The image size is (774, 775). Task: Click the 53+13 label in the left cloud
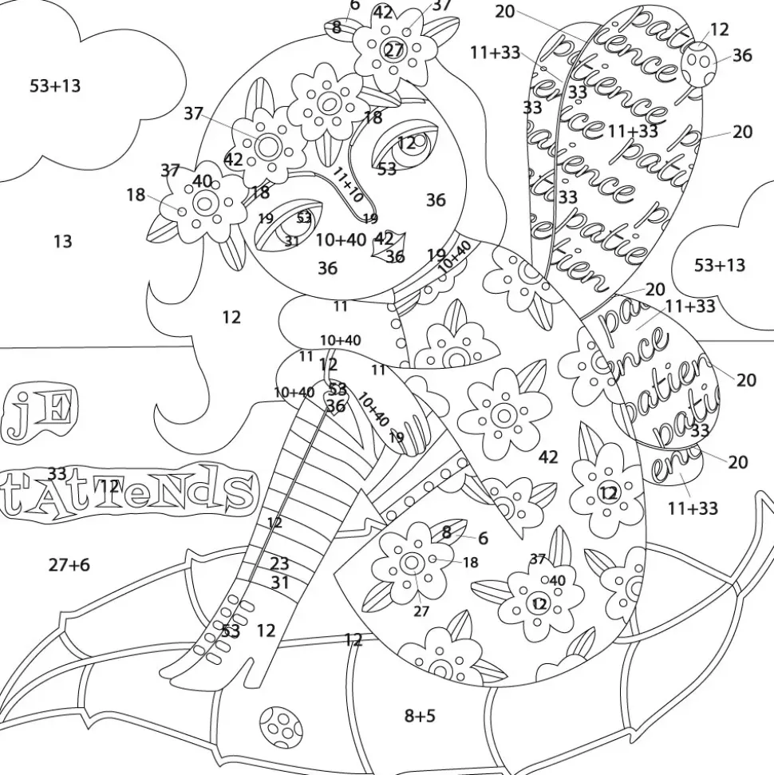tap(55, 85)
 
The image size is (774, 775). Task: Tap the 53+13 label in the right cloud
tap(719, 265)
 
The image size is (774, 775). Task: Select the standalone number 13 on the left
tap(62, 241)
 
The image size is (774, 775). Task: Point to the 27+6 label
tap(69, 565)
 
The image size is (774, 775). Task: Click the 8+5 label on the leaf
tap(420, 716)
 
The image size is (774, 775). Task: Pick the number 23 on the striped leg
tap(279, 564)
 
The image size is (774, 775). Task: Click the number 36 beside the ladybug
tap(742, 55)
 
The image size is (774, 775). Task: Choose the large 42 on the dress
tap(548, 457)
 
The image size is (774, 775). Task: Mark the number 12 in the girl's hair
tap(231, 318)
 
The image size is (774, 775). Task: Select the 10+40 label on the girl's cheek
tap(341, 239)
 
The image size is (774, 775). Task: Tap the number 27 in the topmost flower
tap(394, 49)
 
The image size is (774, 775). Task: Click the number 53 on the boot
tap(231, 631)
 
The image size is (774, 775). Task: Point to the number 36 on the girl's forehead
tap(436, 200)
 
